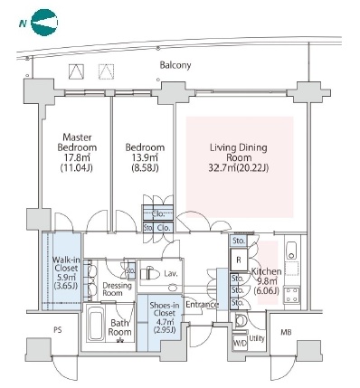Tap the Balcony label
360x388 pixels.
175,65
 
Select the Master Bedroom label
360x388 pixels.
77,142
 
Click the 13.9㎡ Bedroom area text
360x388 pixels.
145,157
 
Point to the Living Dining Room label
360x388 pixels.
239,153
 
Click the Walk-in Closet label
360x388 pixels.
65,264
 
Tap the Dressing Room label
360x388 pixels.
117,289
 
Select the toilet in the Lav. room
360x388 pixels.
150,274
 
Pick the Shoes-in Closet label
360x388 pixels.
165,309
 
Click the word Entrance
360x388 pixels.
202,305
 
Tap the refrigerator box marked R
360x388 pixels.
239,260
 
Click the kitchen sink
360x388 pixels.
291,251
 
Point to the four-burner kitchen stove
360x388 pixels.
292,295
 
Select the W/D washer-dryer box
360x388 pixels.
241,343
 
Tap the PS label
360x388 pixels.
58,330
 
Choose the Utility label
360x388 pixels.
257,338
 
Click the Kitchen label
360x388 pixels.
267,271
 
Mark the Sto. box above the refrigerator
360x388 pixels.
239,241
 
